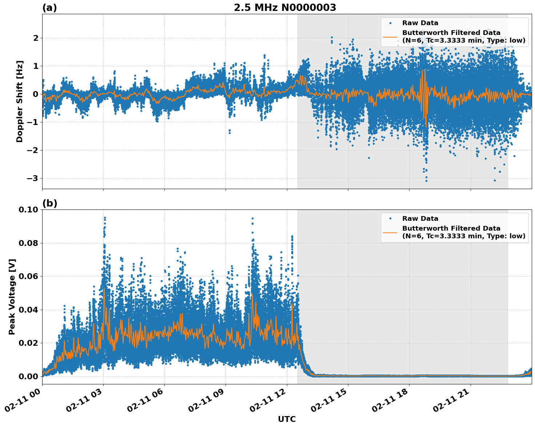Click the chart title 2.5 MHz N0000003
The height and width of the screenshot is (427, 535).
pos(285,8)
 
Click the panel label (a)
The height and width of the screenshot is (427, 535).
pos(49,8)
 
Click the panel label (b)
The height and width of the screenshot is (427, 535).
pos(49,203)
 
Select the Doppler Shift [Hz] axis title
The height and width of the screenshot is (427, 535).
pos(20,101)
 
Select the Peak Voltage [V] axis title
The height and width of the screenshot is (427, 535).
pos(12,297)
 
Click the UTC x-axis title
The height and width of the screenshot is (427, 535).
pos(287,419)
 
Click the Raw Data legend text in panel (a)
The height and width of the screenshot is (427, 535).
pos(420,23)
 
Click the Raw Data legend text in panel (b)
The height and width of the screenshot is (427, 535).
pos(420,219)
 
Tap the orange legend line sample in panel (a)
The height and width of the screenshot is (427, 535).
pos(390,36)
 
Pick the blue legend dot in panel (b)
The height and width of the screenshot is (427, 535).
pos(390,219)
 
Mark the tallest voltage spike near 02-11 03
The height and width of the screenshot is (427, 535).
pos(105,218)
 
